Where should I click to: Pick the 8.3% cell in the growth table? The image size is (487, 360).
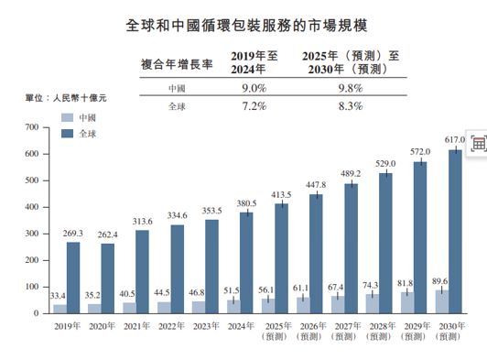click(x=351, y=106)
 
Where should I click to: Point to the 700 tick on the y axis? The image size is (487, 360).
click(x=33, y=127)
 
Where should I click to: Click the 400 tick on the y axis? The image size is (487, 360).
click(x=33, y=207)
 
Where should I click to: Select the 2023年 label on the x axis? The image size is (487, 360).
click(x=206, y=324)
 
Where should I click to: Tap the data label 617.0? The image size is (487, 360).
click(x=455, y=140)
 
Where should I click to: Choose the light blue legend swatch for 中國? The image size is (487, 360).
click(x=66, y=119)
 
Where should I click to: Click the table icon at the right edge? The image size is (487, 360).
click(x=478, y=144)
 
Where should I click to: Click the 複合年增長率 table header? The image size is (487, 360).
click(x=177, y=65)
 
